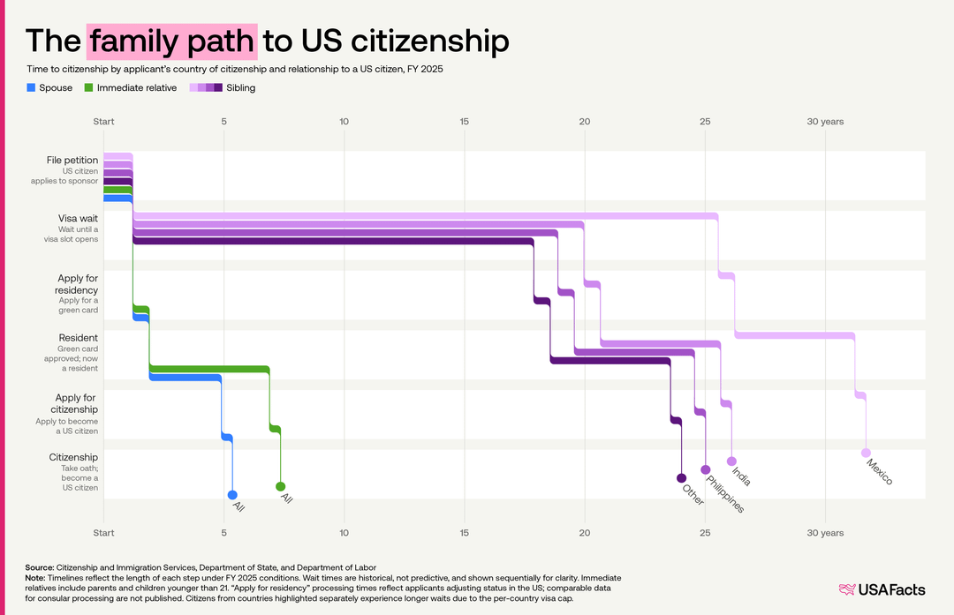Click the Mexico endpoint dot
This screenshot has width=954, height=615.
pyautogui.click(x=866, y=453)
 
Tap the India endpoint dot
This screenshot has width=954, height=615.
pyautogui.click(x=731, y=461)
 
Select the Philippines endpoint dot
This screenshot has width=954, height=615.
pyautogui.click(x=705, y=470)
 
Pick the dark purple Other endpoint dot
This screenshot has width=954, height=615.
pyautogui.click(x=681, y=478)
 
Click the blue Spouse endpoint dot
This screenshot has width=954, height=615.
pyautogui.click(x=232, y=495)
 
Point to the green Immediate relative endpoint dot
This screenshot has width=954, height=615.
pyautogui.click(x=280, y=486)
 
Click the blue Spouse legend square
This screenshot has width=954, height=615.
pyautogui.click(x=31, y=87)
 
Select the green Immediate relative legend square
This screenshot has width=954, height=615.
pyautogui.click(x=88, y=87)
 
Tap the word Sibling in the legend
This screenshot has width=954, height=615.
pyautogui.click(x=241, y=87)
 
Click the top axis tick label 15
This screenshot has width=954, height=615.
pyautogui.click(x=464, y=121)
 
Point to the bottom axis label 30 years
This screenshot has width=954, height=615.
pyautogui.click(x=825, y=533)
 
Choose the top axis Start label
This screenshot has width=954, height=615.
pyautogui.click(x=103, y=121)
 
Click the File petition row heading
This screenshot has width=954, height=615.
pyautogui.click(x=72, y=160)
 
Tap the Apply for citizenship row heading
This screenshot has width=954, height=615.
pyautogui.click(x=77, y=403)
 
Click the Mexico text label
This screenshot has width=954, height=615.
pyautogui.click(x=880, y=471)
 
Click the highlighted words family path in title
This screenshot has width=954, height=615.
pyautogui.click(x=172, y=41)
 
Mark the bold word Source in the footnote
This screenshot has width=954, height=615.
pyautogui.click(x=39, y=566)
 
